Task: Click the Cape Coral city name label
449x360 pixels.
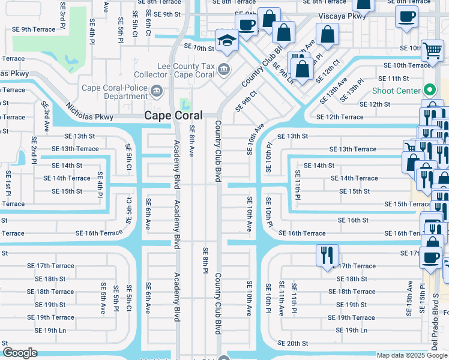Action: tap(173, 116)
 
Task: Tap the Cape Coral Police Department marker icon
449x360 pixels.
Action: tap(157, 91)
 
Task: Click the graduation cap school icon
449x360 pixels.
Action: tap(227, 40)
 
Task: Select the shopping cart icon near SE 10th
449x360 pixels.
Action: tap(432, 51)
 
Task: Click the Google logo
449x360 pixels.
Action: tap(20, 353)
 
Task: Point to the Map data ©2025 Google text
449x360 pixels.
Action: tap(412, 355)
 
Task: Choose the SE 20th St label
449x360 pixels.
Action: tap(293, 343)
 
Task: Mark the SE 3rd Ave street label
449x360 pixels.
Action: tap(46, 116)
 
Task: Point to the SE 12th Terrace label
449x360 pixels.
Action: tap(340, 117)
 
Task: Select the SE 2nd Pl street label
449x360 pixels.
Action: tap(34, 151)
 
